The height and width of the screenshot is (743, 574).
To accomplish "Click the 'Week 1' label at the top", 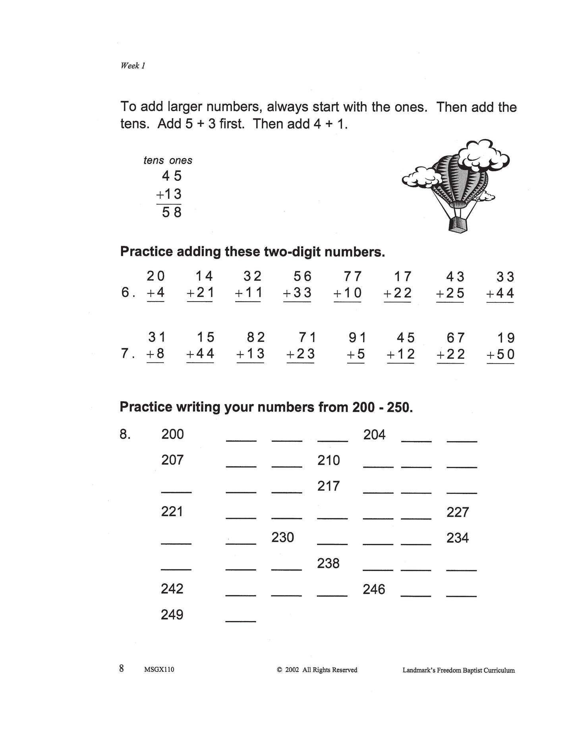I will (x=133, y=66).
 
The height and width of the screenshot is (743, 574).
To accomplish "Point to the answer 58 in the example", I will (x=172, y=213).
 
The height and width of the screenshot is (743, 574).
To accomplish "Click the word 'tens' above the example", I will (x=154, y=161).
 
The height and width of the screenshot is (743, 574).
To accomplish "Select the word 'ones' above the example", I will (x=181, y=161).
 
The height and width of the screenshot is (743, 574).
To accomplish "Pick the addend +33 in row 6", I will (x=297, y=293).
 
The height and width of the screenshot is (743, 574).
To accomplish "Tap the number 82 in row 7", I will (x=255, y=338).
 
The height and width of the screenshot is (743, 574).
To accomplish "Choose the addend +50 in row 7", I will (x=500, y=354).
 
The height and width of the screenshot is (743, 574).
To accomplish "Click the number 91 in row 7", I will (x=357, y=338).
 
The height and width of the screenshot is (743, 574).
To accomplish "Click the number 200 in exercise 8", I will (x=172, y=434).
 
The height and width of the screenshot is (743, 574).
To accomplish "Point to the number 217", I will (x=329, y=486).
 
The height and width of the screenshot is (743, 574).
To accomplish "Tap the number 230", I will (x=282, y=538).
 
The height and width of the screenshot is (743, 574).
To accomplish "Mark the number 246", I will (x=374, y=589).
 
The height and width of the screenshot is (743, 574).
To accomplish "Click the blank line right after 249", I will (x=240, y=620).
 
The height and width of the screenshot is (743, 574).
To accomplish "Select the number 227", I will (x=458, y=512).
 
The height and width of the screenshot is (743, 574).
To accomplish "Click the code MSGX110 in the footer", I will (x=159, y=669).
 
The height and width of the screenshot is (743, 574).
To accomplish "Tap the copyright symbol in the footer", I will (x=279, y=670).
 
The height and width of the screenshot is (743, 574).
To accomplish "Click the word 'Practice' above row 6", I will (x=146, y=252).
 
